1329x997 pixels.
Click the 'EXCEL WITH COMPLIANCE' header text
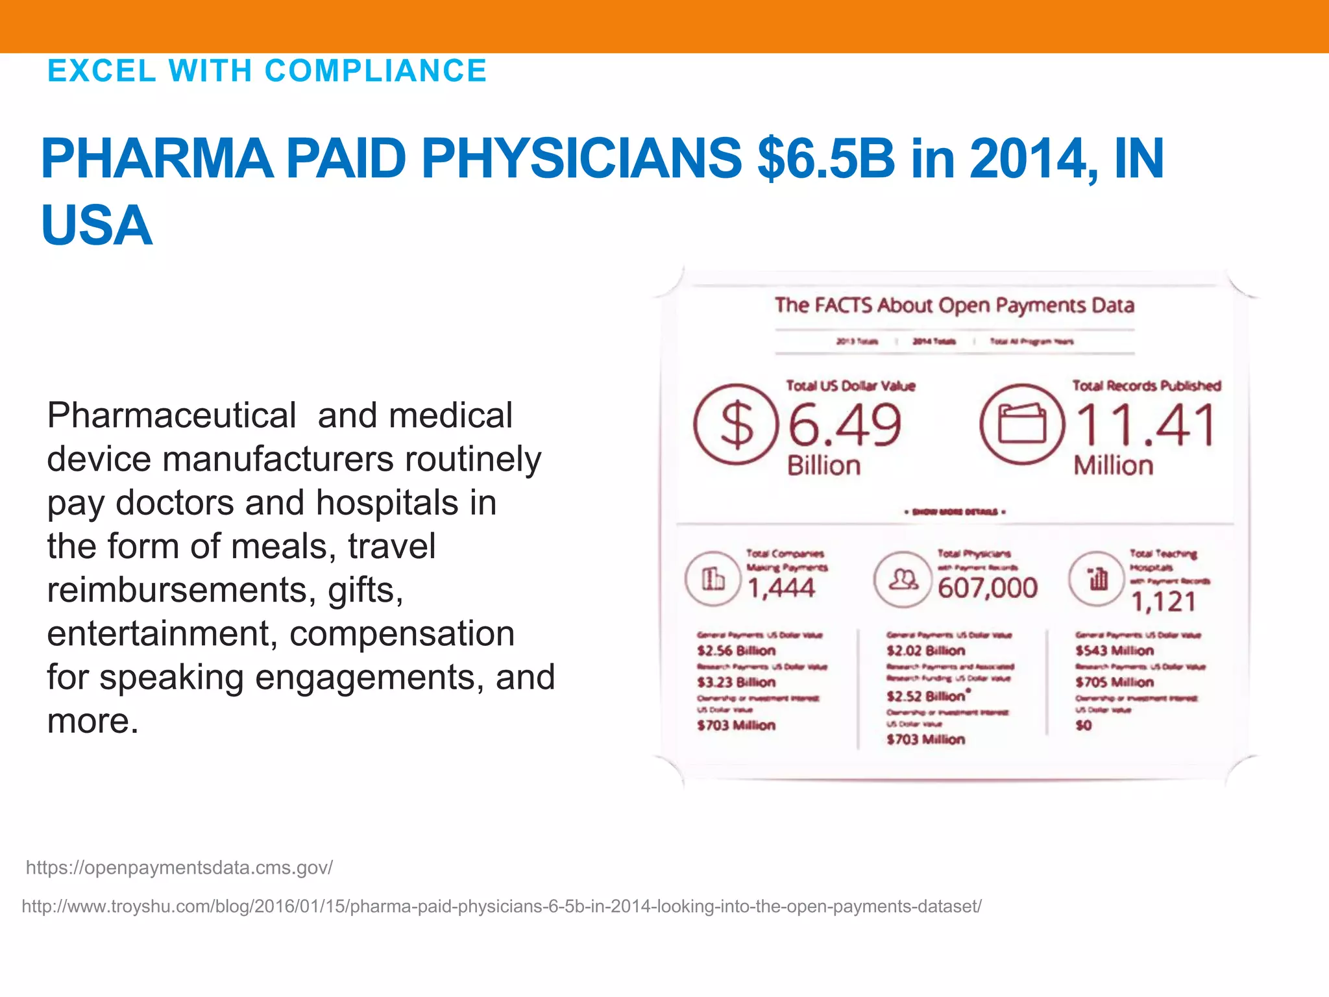[267, 71]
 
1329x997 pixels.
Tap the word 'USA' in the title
[97, 225]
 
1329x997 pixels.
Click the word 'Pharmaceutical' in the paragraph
[171, 415]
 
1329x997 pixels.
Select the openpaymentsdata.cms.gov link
[179, 868]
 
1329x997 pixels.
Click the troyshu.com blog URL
[502, 906]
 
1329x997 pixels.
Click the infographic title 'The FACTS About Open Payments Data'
[954, 305]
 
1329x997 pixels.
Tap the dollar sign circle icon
[735, 425]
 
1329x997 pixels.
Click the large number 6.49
[844, 425]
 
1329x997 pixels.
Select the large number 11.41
[1145, 425]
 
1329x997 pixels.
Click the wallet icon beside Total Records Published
[1022, 425]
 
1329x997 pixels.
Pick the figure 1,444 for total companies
[781, 588]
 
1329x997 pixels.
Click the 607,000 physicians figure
[987, 588]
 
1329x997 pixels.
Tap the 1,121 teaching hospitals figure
[1164, 602]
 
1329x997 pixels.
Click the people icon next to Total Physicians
[903, 579]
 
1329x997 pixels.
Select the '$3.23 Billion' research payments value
[736, 682]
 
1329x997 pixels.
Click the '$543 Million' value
[1114, 650]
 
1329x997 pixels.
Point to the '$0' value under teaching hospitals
[1084, 725]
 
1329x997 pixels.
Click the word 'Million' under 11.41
[1113, 465]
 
